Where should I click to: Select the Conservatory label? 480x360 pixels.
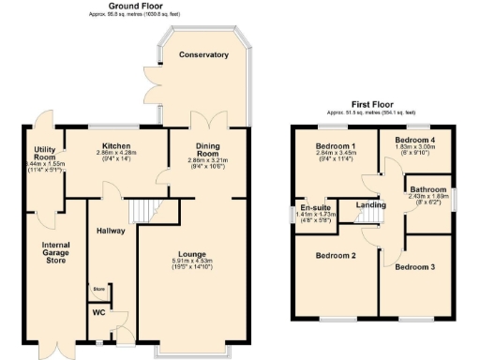point(203,55)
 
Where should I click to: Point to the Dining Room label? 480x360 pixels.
point(207,151)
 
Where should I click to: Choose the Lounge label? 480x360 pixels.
point(194,253)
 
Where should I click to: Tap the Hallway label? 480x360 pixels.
point(110,232)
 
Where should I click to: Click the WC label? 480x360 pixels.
point(97,312)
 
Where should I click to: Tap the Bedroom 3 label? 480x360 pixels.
point(413,266)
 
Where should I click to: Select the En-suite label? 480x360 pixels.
point(313,207)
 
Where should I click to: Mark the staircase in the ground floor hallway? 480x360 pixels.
point(141,212)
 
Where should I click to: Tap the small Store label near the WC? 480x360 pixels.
point(98,290)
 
